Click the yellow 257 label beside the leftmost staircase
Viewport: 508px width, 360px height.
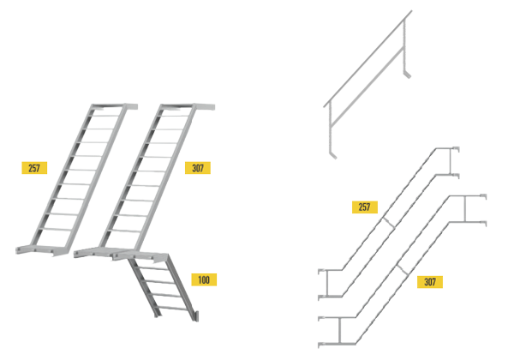click(34, 168)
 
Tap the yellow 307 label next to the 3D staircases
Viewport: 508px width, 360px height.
click(198, 168)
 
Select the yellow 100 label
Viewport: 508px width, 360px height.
click(204, 279)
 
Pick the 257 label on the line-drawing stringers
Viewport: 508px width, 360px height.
click(365, 207)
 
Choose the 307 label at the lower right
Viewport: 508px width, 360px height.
click(430, 282)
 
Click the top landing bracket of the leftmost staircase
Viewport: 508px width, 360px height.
click(114, 106)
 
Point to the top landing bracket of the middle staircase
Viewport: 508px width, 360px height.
click(188, 107)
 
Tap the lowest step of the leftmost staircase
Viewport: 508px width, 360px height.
click(56, 229)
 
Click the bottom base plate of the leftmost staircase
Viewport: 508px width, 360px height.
click(42, 250)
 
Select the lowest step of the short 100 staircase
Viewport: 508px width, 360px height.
click(171, 308)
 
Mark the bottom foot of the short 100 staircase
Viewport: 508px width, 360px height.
click(195, 316)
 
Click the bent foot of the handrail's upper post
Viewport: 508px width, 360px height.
click(407, 75)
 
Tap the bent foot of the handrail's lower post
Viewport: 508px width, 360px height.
click(333, 155)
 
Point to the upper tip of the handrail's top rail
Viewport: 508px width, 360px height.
click(411, 11)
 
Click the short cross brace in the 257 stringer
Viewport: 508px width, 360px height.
click(388, 223)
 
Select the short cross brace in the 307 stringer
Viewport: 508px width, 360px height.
click(402, 270)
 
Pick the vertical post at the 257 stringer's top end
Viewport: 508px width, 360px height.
click(450, 161)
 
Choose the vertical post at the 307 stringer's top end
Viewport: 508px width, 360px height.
click(465, 208)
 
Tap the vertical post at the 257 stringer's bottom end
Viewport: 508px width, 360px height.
click(327, 283)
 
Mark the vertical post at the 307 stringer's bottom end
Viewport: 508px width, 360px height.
click(340, 330)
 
